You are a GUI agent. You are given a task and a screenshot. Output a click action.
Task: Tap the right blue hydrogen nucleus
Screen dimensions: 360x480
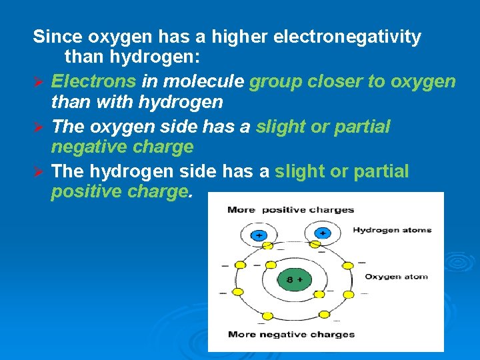[322, 233]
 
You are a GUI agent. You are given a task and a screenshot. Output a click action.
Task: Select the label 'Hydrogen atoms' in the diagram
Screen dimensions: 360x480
[391, 230]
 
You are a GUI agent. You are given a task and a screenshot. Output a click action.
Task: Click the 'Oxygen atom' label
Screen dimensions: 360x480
[395, 277]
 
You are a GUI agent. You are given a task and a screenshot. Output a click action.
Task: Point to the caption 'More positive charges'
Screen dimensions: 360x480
[290, 209]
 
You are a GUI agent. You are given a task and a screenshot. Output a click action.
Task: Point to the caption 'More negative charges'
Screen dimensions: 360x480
[291, 334]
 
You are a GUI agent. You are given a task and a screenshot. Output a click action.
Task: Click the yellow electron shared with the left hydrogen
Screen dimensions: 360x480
[267, 245]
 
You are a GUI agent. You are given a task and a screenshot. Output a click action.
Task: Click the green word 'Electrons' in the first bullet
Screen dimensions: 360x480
[94, 81]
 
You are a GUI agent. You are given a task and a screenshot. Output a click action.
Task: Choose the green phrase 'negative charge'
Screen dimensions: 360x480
[122, 146]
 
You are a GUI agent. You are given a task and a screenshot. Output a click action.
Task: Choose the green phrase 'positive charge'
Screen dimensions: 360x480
[120, 192]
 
